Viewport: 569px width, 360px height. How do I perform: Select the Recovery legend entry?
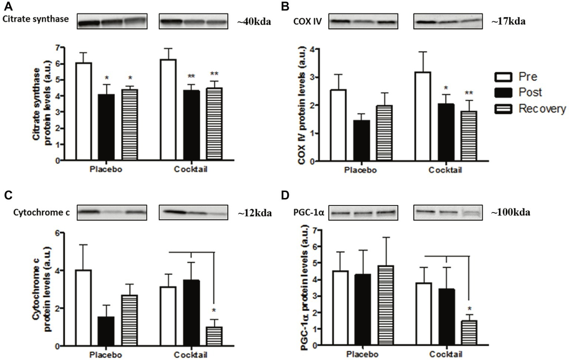542,109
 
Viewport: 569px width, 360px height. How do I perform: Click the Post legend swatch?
504,92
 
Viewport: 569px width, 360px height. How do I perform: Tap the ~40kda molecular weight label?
254,22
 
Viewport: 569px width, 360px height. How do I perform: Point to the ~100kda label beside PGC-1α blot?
510,212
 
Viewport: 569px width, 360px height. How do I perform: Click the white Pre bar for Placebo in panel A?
84,111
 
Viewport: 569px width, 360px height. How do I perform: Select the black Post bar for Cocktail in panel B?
446,132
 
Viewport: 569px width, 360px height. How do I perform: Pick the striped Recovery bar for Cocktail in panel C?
214,336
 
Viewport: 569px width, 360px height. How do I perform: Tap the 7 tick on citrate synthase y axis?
57,47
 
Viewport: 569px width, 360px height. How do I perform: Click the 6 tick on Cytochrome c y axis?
57,233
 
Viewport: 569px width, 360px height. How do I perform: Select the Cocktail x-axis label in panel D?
446,354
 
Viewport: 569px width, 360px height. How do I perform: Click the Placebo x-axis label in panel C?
106,355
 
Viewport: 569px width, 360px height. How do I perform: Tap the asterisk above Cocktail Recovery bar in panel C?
214,311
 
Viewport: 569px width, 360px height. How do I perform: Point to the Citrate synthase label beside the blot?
36,19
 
